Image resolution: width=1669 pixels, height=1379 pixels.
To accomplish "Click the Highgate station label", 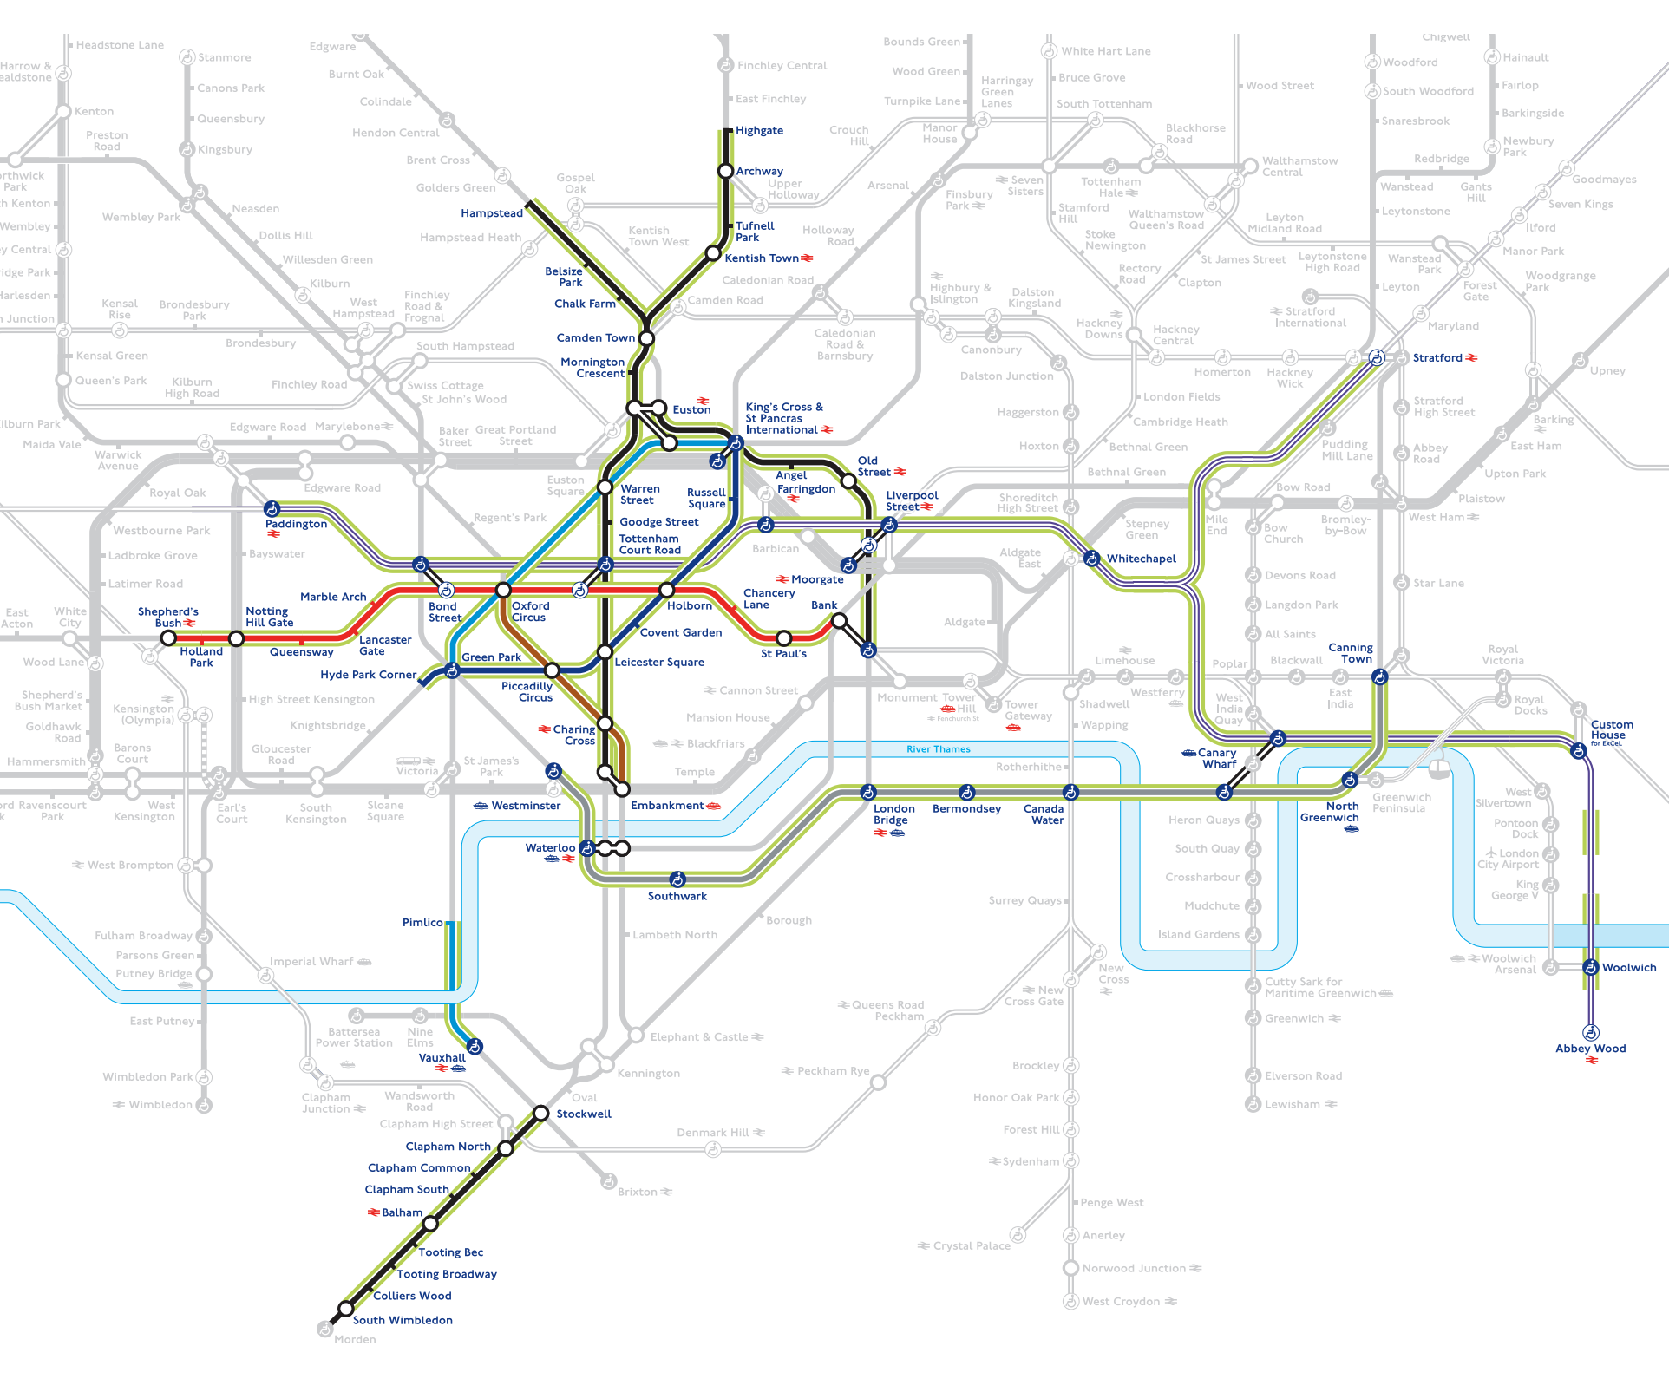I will tap(759, 131).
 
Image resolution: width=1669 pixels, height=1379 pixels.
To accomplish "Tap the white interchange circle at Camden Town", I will tap(646, 337).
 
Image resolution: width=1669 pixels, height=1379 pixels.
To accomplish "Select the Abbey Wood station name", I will tap(1590, 1049).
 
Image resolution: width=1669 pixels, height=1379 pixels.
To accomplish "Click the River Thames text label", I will tap(938, 749).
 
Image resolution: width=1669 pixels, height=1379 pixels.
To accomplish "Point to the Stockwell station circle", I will tap(540, 1113).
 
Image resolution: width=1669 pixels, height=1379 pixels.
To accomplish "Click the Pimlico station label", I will tap(422, 923).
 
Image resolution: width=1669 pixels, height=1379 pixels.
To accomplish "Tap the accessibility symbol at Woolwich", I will tap(1590, 967).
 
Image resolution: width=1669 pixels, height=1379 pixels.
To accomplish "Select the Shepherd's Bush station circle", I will tap(168, 638).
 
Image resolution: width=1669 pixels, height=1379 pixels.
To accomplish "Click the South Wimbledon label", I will tap(403, 1320).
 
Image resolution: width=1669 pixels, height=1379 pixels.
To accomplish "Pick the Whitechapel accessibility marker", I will tap(1091, 559).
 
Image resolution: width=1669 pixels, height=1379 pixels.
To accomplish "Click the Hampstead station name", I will tap(492, 213).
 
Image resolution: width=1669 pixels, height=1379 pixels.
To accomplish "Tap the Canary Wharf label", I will tap(1218, 758).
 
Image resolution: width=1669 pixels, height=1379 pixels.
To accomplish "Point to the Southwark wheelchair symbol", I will tap(677, 879).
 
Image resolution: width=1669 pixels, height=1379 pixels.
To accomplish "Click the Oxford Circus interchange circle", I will tap(503, 591).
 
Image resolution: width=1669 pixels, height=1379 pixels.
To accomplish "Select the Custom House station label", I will tap(1611, 730).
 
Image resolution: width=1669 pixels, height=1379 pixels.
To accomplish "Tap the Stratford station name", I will tap(1437, 357).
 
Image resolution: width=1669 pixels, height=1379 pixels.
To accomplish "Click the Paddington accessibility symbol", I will tap(272, 508).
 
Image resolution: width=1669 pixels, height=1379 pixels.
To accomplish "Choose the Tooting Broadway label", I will tap(447, 1274).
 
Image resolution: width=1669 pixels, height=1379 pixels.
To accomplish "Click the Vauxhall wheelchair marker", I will tap(475, 1046).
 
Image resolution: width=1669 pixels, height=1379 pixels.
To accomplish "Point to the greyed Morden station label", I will tap(355, 1339).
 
